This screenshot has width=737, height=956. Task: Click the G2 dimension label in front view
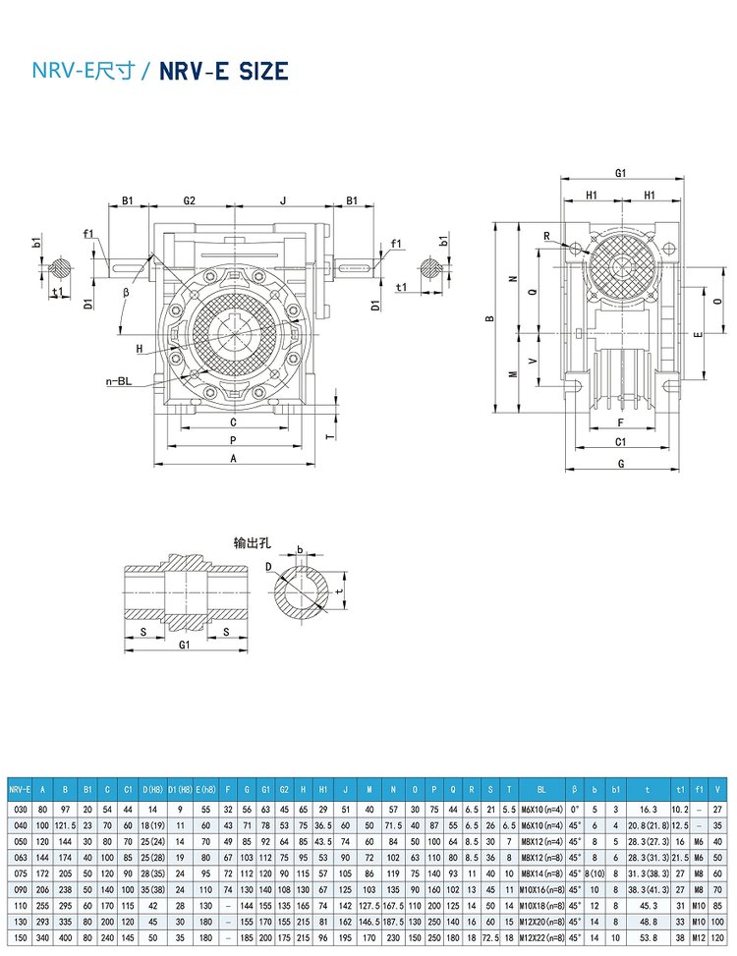tap(190, 200)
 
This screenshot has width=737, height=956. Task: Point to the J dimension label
tap(283, 200)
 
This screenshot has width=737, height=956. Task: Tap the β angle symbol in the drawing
tap(127, 292)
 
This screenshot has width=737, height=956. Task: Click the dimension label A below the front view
tap(234, 459)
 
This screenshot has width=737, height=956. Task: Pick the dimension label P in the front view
tap(232, 440)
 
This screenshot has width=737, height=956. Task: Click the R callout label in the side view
tap(545, 236)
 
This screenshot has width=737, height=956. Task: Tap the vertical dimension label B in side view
tap(488, 318)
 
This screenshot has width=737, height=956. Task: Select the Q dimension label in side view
tap(532, 292)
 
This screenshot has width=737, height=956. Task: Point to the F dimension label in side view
tap(620, 422)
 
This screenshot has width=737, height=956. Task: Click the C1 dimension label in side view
tap(621, 442)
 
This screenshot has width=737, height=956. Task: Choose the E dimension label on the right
tap(697, 336)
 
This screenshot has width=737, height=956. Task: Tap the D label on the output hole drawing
tap(268, 566)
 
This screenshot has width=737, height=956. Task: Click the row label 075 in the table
tap(18, 872)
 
